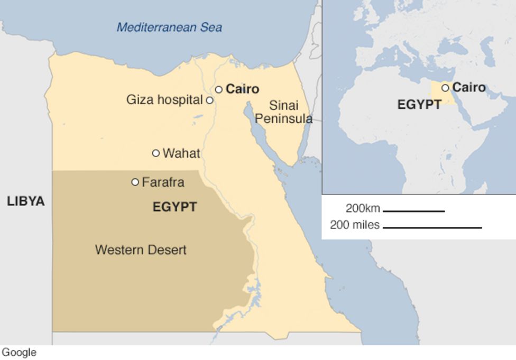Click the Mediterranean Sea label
[169, 27]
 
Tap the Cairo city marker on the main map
[218, 89]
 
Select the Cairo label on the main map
[242, 89]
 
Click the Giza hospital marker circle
[209, 100]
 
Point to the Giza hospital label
[164, 100]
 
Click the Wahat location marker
[155, 153]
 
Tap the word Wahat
[181, 154]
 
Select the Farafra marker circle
[135, 182]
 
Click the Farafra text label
[163, 182]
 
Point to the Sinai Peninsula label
[283, 112]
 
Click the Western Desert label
[141, 250]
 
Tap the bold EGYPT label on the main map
[174, 207]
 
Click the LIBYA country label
[25, 201]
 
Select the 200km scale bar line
[413, 211]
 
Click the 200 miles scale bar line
[432, 228]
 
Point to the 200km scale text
[363, 208]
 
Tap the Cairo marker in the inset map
[445, 88]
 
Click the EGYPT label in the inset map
[419, 105]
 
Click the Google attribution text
[19, 353]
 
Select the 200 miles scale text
[354, 225]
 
